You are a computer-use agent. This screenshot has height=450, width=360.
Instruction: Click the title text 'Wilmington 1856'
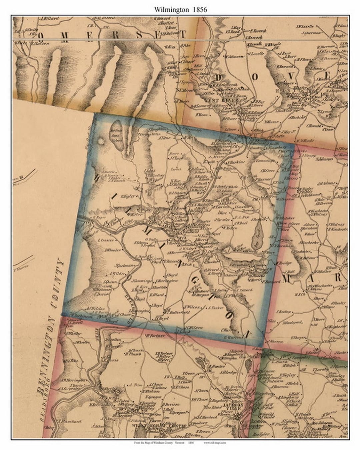pos(180,10)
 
